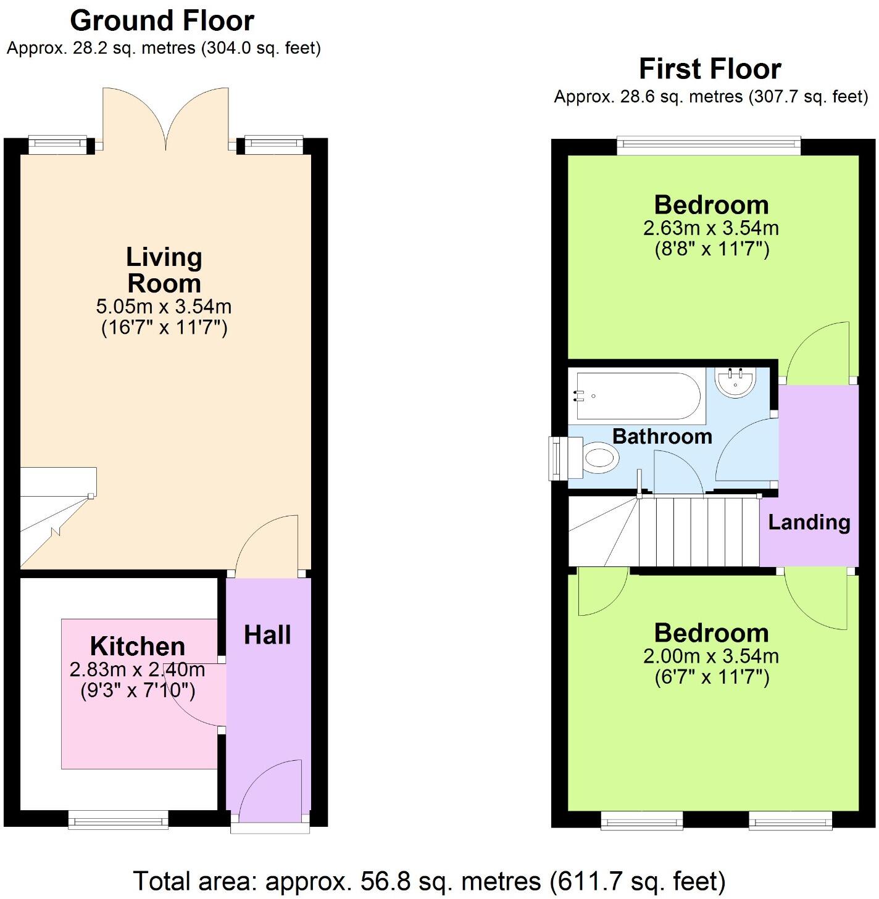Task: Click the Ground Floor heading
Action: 162,21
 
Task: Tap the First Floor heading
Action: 710,69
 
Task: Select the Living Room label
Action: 164,270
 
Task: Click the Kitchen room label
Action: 138,646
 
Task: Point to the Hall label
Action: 267,635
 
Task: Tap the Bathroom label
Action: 662,437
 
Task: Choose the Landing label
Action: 809,523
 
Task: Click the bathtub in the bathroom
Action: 638,396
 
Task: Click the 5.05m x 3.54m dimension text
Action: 164,306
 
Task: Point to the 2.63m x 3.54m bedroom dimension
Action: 711,228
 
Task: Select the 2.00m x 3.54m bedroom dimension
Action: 711,657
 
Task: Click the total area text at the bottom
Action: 430,880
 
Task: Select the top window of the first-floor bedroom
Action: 709,146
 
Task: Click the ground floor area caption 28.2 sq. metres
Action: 164,48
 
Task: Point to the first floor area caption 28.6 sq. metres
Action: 710,96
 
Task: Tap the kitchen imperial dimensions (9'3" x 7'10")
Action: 138,691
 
